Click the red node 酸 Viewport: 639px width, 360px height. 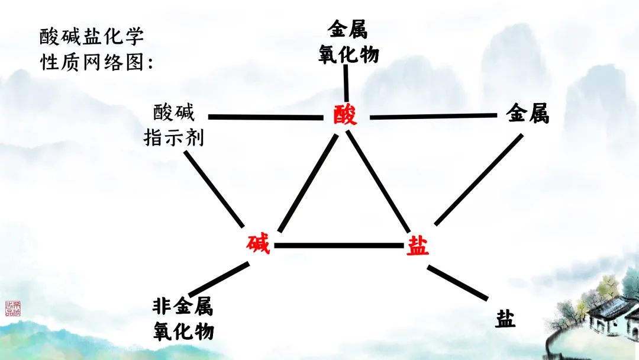pyautogui.click(x=345, y=115)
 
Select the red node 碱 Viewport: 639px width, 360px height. pyautogui.click(x=259, y=244)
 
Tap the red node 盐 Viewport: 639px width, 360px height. pyautogui.click(x=418, y=245)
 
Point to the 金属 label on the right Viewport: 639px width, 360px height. pyautogui.click(x=528, y=113)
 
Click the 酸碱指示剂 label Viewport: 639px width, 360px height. pyautogui.click(x=174, y=125)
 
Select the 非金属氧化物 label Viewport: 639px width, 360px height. pyautogui.click(x=183, y=319)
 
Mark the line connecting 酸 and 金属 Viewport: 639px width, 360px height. pyautogui.click(x=434, y=116)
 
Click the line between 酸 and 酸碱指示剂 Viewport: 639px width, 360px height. pyautogui.click(x=266, y=117)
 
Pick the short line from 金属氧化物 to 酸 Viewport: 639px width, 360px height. pyautogui.click(x=346, y=82)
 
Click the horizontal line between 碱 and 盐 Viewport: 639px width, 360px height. pyautogui.click(x=339, y=245)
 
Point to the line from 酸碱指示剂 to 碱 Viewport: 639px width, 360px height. pyautogui.click(x=214, y=189)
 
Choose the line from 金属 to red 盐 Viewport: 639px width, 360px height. pyautogui.click(x=479, y=180)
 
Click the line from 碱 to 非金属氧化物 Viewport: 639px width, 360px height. pyautogui.click(x=218, y=280)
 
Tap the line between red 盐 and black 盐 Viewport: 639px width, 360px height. pyautogui.click(x=457, y=282)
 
